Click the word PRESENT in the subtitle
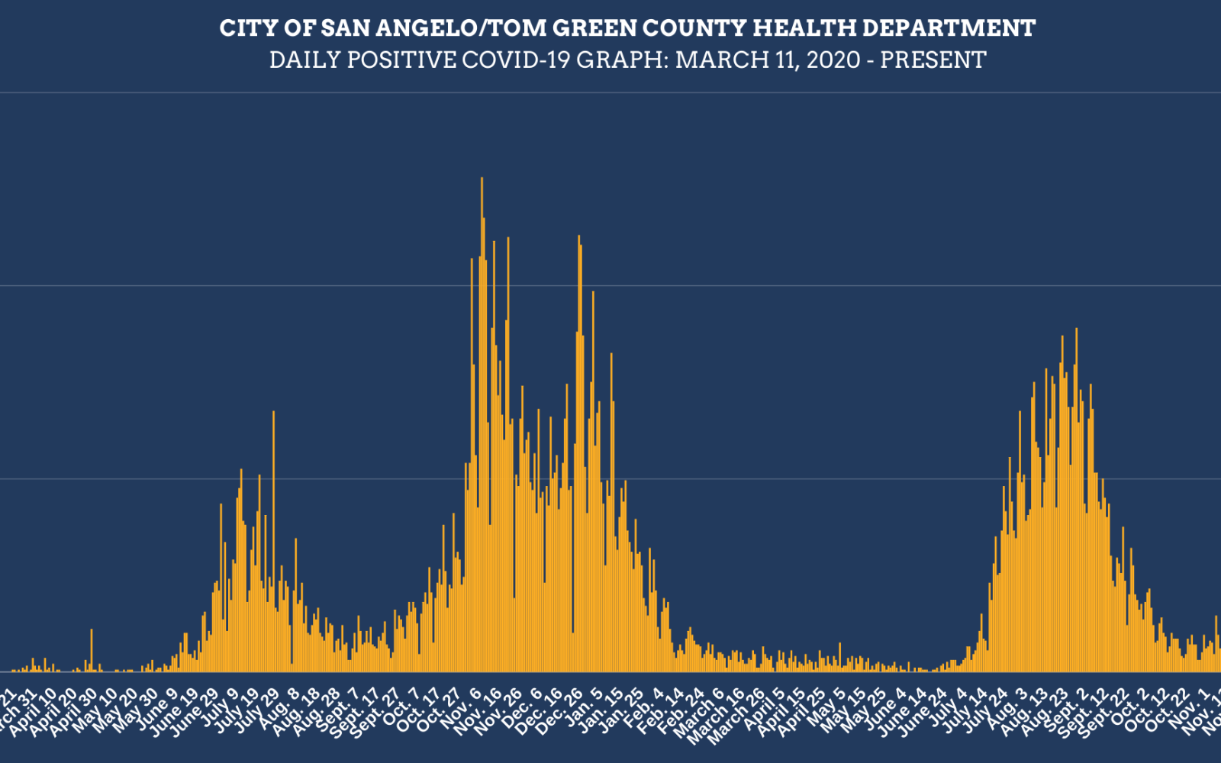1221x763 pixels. pyautogui.click(x=933, y=60)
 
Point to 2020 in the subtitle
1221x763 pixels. pyautogui.click(x=834, y=60)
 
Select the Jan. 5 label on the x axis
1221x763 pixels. pyautogui.click(x=589, y=710)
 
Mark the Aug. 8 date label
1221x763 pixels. pyautogui.click(x=285, y=710)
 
